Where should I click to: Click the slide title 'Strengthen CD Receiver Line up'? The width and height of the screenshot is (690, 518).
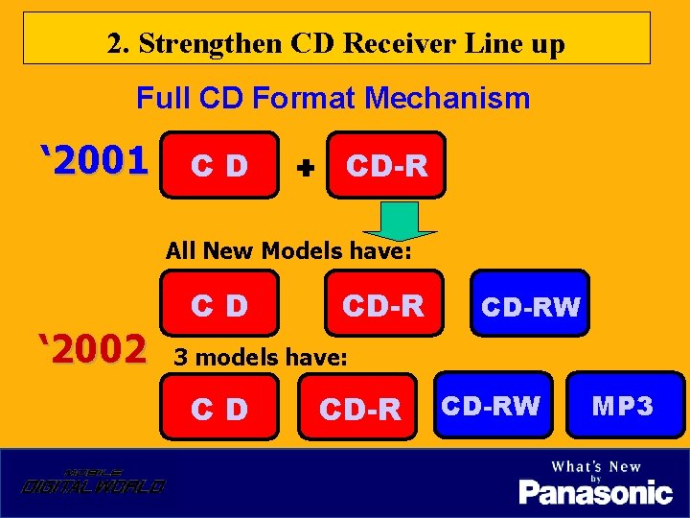[336, 43]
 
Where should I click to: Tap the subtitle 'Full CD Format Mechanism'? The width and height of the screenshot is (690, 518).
[333, 98]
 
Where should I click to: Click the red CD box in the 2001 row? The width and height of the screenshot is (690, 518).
[219, 165]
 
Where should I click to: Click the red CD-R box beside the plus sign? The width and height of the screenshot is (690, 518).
[385, 165]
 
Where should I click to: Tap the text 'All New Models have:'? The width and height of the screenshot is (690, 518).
[288, 251]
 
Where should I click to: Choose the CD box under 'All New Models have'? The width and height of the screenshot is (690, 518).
[219, 305]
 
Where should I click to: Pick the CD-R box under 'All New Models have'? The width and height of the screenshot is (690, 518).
[383, 305]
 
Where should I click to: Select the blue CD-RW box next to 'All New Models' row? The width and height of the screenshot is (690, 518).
[530, 305]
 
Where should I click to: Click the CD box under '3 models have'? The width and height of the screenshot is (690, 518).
[219, 409]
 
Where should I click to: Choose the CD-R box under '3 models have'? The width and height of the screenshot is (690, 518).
[359, 409]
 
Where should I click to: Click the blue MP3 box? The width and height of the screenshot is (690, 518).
[623, 405]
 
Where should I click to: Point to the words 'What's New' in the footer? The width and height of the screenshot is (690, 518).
[595, 466]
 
